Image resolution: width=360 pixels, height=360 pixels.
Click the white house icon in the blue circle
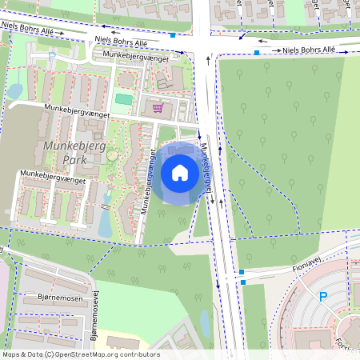pos(180,172)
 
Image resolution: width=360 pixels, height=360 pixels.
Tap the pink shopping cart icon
pos(158,107)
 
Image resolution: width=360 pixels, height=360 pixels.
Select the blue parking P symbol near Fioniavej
pos(323,297)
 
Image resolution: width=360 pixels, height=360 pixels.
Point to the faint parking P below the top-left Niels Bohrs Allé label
pos(51,55)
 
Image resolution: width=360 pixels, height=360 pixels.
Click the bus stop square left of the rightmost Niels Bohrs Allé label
pos(256,52)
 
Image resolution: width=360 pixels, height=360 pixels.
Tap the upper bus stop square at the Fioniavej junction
pos(242,273)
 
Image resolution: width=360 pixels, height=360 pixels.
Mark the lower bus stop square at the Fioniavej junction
pos(242,282)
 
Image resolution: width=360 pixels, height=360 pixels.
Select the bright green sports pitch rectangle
pos(122,99)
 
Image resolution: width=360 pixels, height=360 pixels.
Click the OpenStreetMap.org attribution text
pos(109,354)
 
